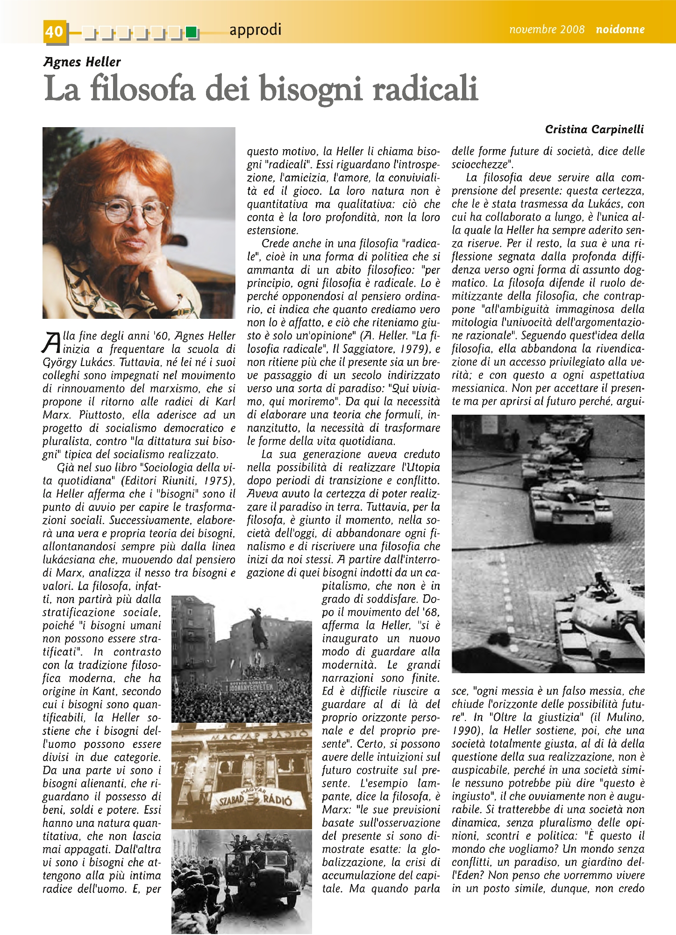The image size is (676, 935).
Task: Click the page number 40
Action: [x=54, y=31]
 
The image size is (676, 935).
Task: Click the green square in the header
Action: [x=191, y=32]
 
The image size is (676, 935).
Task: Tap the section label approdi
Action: [x=255, y=30]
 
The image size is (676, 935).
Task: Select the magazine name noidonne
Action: [x=620, y=29]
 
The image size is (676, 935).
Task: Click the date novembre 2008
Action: [x=547, y=29]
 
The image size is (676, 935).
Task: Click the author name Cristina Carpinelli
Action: [x=594, y=129]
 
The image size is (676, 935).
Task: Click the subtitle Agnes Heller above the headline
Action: [x=82, y=62]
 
